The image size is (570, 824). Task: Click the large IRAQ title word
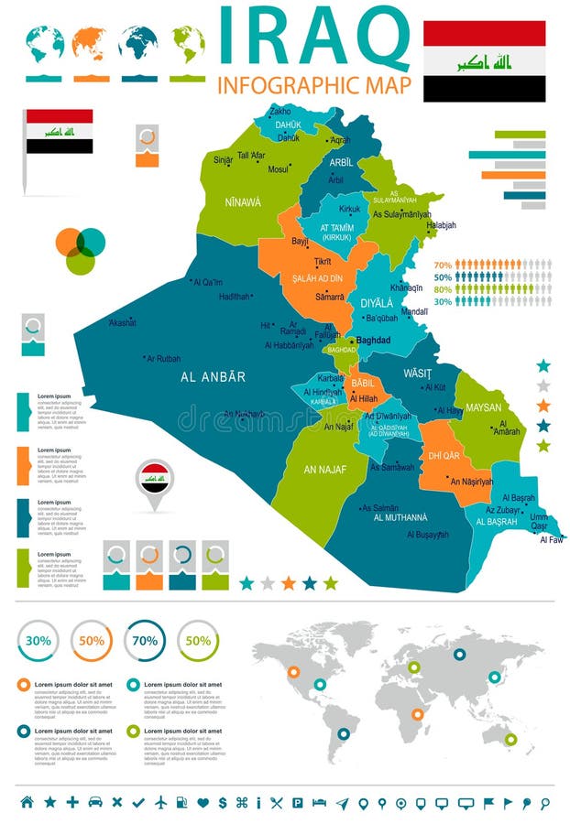point(314,38)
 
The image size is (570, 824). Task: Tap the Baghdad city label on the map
point(373,341)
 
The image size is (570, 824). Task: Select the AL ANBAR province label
point(213,376)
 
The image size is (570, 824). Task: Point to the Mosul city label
point(278,169)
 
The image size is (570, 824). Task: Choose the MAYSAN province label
point(483,407)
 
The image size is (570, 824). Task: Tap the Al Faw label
point(552,540)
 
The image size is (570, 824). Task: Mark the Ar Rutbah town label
point(164,359)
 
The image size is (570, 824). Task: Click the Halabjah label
point(441,225)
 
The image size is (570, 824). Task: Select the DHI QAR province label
point(444,455)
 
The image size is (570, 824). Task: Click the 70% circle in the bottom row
point(145,641)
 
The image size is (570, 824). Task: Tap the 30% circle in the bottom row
point(38,641)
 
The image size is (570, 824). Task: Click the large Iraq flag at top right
point(484,61)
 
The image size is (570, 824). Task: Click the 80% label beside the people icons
point(443,288)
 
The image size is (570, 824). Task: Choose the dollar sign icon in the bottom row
point(223,803)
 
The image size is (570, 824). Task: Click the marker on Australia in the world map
point(510,739)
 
